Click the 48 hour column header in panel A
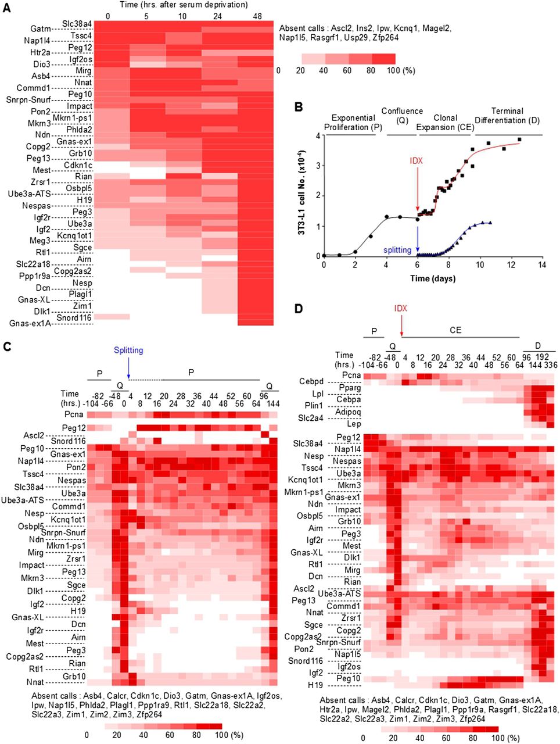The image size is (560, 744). click(x=256, y=16)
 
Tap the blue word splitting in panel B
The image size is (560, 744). click(x=397, y=250)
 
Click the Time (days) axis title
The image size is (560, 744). click(x=433, y=278)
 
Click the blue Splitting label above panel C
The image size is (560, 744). click(x=128, y=350)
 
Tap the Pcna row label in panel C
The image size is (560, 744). click(x=74, y=414)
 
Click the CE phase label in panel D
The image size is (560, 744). click(x=455, y=330)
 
